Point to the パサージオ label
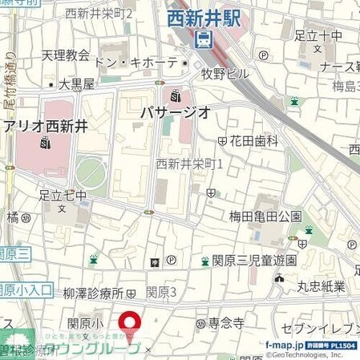pos(176,111)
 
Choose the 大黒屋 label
pos(77,83)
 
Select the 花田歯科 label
pos(254,140)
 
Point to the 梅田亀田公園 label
pos(265,215)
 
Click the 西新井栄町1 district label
pos(188,163)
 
